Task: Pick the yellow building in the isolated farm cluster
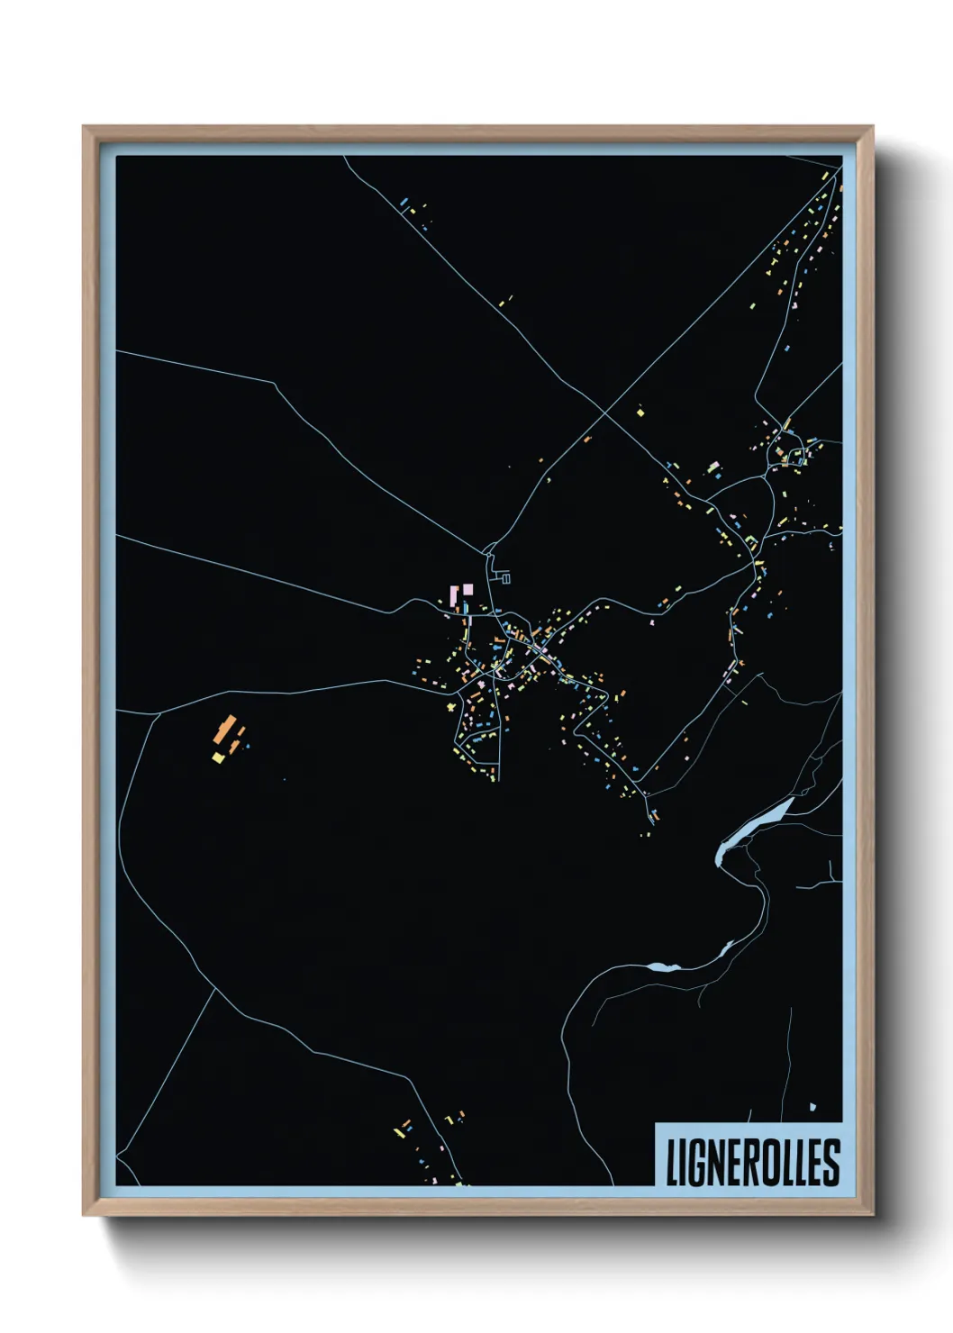coord(218,757)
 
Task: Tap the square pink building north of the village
coord(467,589)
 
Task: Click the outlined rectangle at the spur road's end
coord(505,578)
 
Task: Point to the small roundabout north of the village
coord(794,452)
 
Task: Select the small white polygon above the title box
coord(812,1107)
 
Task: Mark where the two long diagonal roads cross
coord(602,413)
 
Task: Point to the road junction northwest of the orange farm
coord(159,713)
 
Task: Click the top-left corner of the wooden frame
coord(84,127)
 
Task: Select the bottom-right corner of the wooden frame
coord(873,1215)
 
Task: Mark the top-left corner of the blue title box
coord(656,1124)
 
